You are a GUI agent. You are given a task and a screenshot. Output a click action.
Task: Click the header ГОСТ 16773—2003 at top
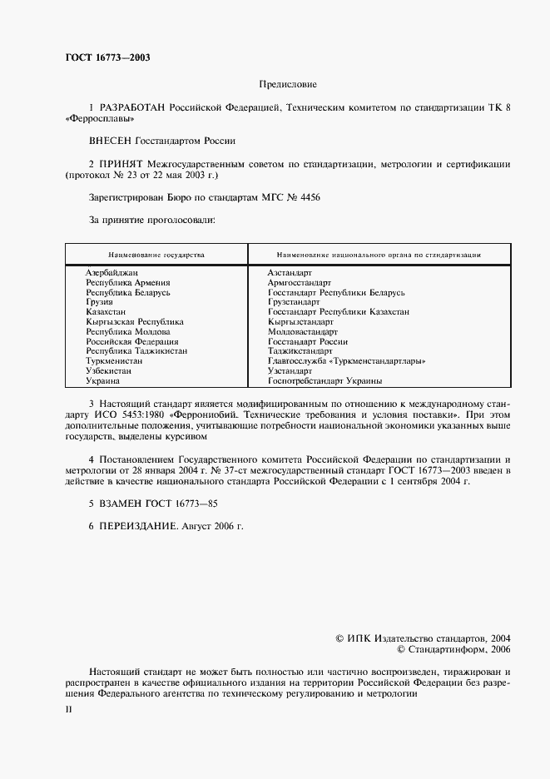pyautogui.click(x=107, y=57)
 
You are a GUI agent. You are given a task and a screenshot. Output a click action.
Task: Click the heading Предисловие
pyautogui.click(x=288, y=85)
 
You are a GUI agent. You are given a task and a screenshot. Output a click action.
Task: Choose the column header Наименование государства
pyautogui.click(x=156, y=255)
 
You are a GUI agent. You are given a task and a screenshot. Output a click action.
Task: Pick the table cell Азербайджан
pyautogui.click(x=111, y=273)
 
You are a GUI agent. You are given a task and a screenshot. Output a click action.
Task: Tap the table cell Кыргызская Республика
pyautogui.click(x=134, y=322)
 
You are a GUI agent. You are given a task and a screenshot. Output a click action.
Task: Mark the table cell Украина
pyautogui.click(x=102, y=380)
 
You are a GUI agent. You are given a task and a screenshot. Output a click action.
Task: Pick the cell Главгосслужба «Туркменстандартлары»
pyautogui.click(x=346, y=361)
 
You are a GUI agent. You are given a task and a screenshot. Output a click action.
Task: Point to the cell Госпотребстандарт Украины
pyautogui.click(x=325, y=380)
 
